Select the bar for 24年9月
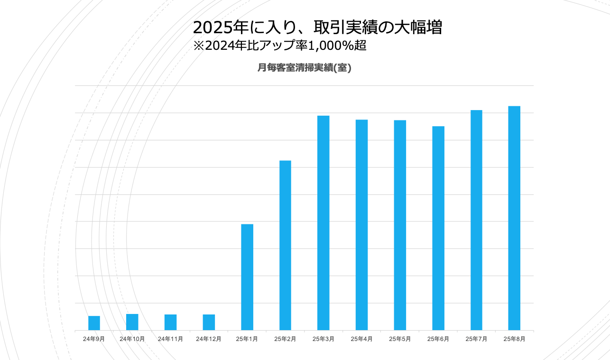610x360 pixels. [x=94, y=323]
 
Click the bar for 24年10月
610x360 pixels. [x=132, y=322]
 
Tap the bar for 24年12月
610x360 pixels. [x=209, y=322]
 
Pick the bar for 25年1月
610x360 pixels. [x=247, y=277]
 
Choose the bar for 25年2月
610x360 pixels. [x=285, y=245]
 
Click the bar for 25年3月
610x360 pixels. [x=323, y=223]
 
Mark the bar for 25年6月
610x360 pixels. [x=438, y=228]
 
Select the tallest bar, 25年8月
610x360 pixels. [x=514, y=218]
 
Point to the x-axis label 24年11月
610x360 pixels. [x=170, y=339]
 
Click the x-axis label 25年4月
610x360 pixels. [x=361, y=339]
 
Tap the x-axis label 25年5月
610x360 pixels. [x=400, y=339]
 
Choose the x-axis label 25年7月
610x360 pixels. [x=476, y=339]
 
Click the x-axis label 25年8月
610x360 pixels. [x=514, y=339]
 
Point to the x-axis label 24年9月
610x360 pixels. [x=94, y=339]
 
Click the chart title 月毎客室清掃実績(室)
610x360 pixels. [x=304, y=68]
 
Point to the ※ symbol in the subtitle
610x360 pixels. [x=198, y=46]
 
